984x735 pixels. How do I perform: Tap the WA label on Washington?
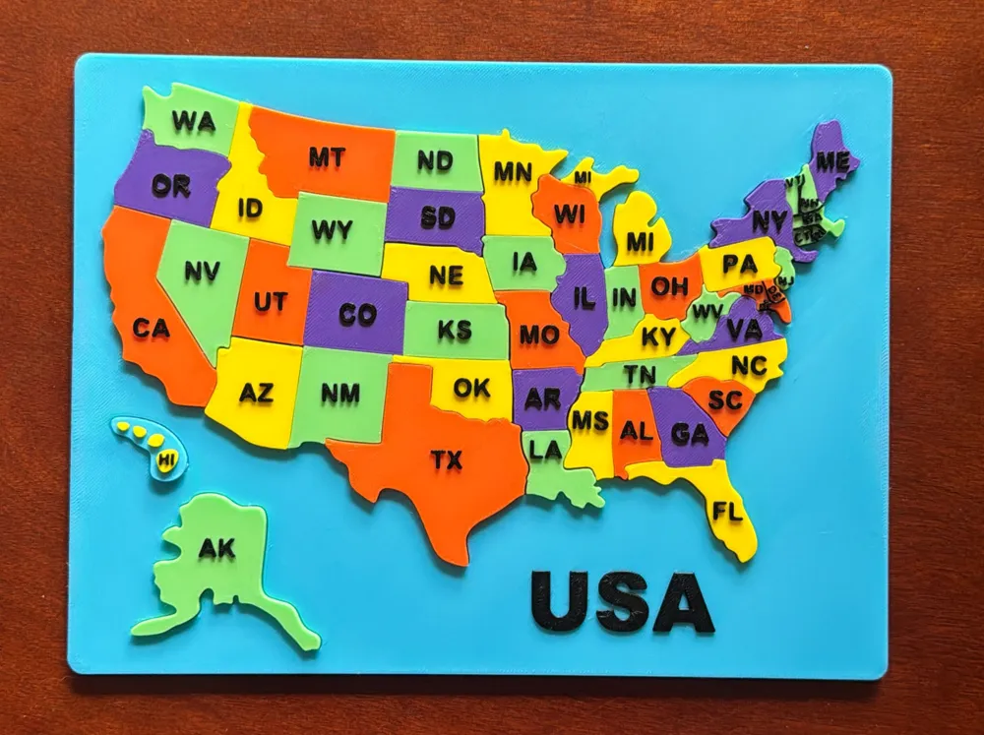click(193, 121)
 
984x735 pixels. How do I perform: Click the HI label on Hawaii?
click(166, 459)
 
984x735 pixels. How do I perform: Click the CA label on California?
click(152, 329)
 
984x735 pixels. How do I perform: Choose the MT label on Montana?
click(326, 156)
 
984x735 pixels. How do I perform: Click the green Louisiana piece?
click(551, 462)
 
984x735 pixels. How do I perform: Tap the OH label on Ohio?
click(669, 286)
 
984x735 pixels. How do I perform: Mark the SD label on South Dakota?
click(437, 217)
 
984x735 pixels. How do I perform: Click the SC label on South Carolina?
click(724, 400)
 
